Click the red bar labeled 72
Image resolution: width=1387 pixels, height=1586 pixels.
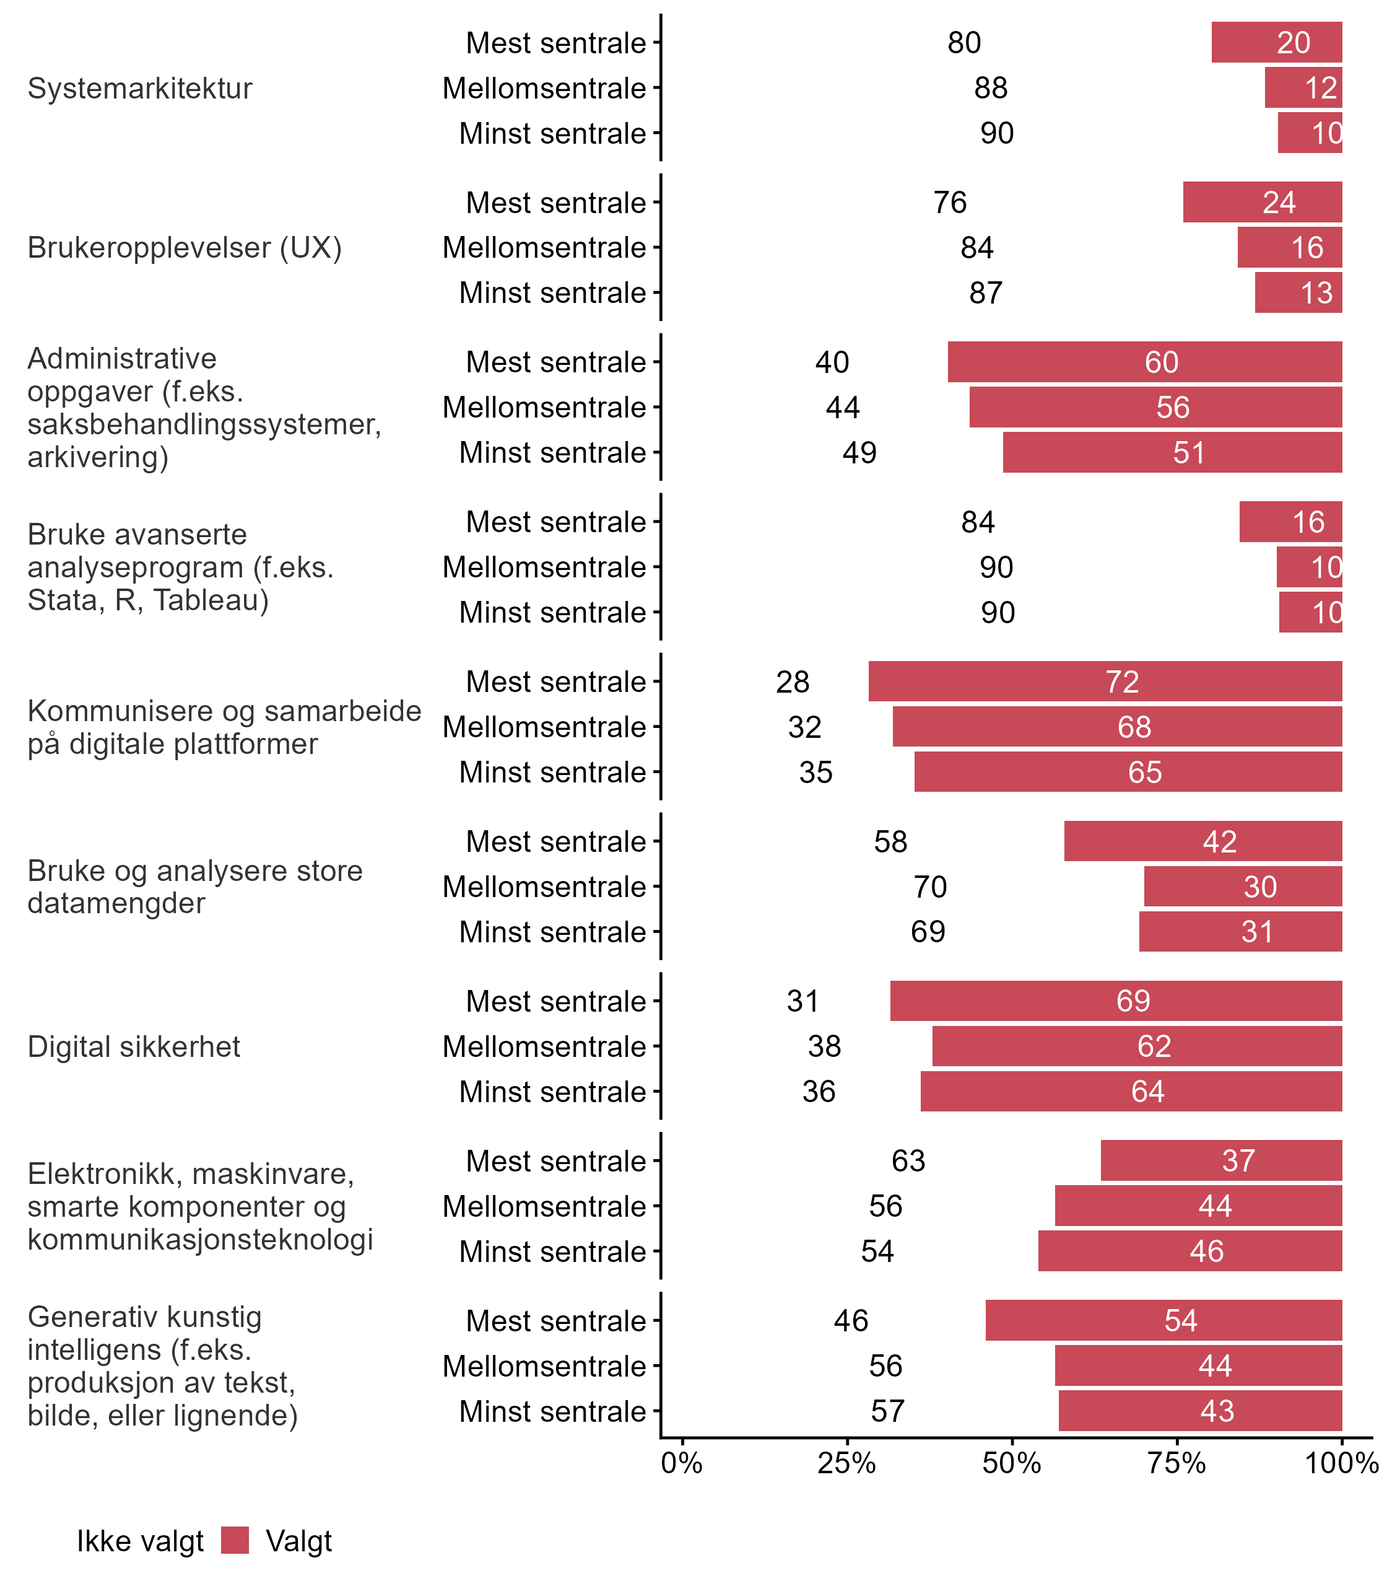(x=1105, y=681)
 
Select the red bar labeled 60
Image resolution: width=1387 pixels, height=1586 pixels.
(x=1144, y=362)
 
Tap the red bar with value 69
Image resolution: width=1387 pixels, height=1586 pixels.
(x=1115, y=1001)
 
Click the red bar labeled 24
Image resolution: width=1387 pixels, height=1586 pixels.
(x=1262, y=202)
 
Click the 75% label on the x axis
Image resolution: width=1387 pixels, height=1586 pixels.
(x=1176, y=1463)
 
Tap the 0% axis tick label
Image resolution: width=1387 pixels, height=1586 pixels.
(x=682, y=1463)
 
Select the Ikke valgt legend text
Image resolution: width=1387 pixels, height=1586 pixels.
(x=140, y=1541)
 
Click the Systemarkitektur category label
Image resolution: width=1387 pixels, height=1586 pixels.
(x=140, y=88)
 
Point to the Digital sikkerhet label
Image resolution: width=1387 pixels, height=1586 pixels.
(x=134, y=1046)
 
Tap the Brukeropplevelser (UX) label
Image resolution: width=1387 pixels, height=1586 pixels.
(x=185, y=248)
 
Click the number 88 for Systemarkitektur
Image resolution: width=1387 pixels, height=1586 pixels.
(x=991, y=88)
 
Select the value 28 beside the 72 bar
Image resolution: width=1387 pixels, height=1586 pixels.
(x=793, y=681)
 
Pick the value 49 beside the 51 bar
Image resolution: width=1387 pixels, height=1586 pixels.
(x=859, y=452)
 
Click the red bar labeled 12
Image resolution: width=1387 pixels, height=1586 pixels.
(x=1303, y=88)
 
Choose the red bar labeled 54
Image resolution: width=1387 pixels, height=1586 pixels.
(x=1163, y=1320)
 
